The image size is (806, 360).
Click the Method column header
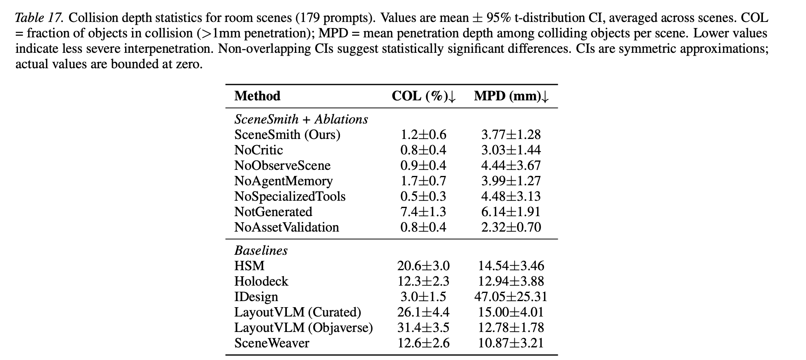(x=257, y=96)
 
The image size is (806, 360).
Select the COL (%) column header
(x=424, y=96)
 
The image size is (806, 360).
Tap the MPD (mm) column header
(x=511, y=96)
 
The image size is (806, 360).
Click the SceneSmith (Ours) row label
(x=287, y=134)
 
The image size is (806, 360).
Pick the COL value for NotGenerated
(x=423, y=212)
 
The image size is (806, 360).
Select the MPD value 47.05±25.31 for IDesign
(x=511, y=297)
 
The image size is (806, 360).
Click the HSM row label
(x=249, y=266)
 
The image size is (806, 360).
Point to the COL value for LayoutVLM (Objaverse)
(x=423, y=327)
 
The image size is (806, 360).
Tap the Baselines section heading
(x=261, y=250)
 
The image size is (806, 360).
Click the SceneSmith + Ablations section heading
(x=301, y=119)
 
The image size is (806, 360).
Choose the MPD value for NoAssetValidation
(x=511, y=227)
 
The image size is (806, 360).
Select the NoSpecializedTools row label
(x=290, y=196)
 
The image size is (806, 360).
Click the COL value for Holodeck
(x=423, y=281)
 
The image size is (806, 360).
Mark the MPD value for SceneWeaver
(x=511, y=343)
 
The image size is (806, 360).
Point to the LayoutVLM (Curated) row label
(x=297, y=312)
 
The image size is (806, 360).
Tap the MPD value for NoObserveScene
(x=511, y=165)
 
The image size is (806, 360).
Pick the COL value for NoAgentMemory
(x=423, y=181)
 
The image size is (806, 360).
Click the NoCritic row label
(x=258, y=150)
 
